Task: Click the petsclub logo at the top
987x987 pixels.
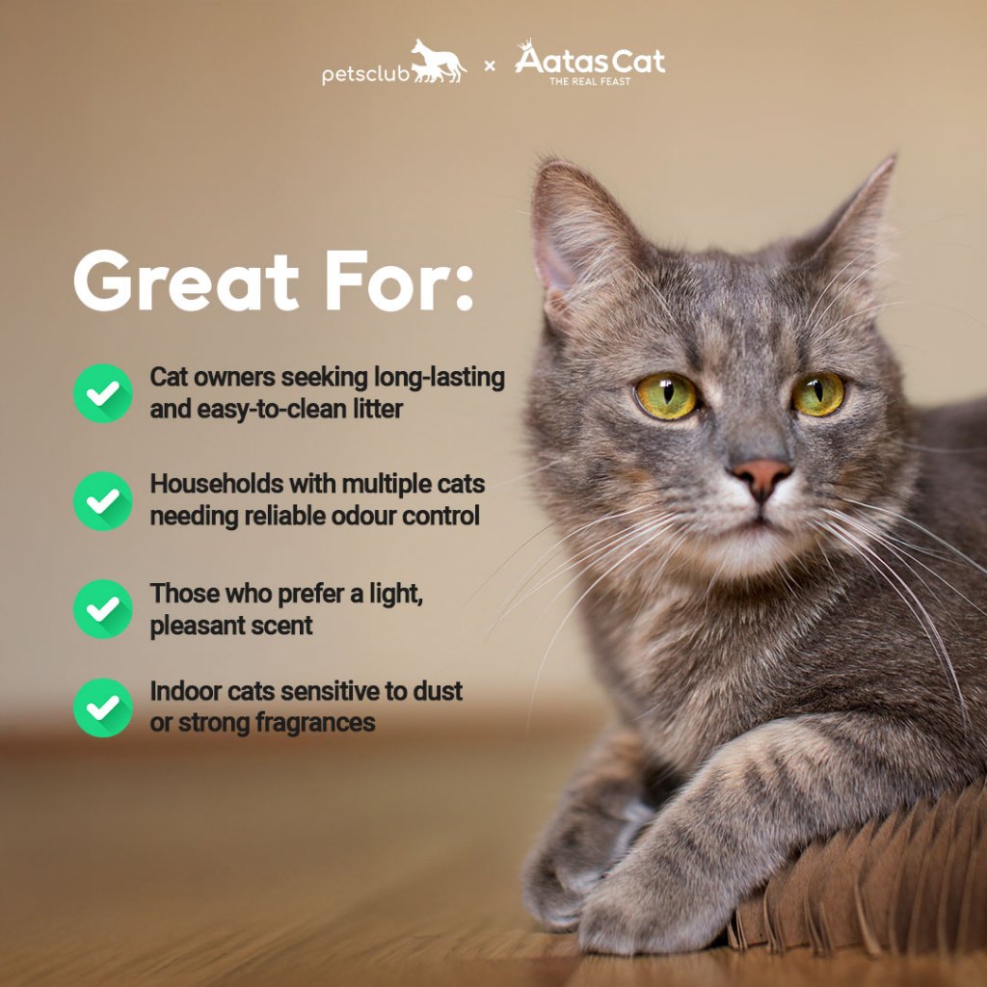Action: (x=394, y=63)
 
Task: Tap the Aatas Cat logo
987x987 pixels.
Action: (x=590, y=63)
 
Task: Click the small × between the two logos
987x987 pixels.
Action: (x=490, y=66)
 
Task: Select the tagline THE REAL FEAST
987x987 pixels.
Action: (x=590, y=81)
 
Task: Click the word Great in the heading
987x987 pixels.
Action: (x=186, y=280)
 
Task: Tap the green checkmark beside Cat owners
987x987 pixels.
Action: (x=102, y=393)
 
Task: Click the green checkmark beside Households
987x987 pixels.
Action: (x=102, y=501)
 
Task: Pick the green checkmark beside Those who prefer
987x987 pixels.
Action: (x=102, y=609)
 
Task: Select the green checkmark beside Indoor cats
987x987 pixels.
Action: (x=102, y=707)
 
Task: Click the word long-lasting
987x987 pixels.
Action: (x=440, y=378)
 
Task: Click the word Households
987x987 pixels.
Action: (x=217, y=484)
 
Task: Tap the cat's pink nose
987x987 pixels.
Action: (x=761, y=475)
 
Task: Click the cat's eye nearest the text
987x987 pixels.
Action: (x=666, y=396)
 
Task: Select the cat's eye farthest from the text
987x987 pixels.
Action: (x=817, y=394)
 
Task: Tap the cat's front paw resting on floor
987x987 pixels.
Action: (x=661, y=906)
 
